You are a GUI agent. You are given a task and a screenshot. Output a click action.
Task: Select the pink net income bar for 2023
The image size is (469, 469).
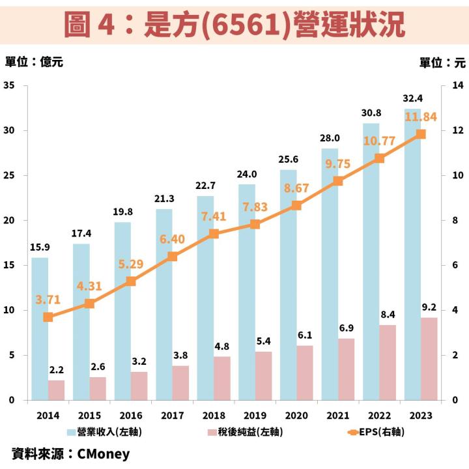429,359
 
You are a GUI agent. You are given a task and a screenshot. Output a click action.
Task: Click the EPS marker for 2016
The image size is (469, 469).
131,281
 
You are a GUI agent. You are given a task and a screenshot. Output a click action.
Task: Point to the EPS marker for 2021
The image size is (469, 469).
337,181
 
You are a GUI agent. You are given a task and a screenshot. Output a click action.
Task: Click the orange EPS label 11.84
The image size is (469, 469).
420,117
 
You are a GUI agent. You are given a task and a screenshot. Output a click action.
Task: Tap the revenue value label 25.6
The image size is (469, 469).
288,159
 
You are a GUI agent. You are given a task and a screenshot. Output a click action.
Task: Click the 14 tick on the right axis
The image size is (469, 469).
457,85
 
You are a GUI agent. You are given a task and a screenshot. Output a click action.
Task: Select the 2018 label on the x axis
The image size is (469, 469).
214,415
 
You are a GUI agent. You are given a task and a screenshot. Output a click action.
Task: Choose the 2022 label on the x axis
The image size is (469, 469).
379,415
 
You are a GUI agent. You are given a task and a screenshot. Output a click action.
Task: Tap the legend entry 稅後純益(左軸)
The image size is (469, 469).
244,431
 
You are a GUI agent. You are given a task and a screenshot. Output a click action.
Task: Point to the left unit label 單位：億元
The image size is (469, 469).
34,63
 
